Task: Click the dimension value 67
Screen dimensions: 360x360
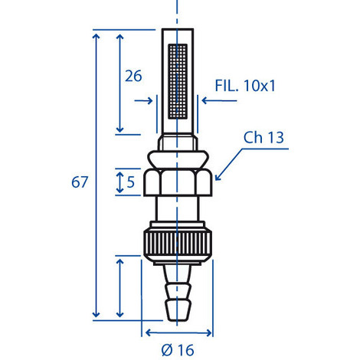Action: [x=80, y=182]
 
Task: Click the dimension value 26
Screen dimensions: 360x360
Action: [x=133, y=76]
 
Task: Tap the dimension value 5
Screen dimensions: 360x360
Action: [x=130, y=182]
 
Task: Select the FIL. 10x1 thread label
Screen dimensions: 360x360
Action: [x=245, y=86]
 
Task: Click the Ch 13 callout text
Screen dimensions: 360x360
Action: [x=263, y=137]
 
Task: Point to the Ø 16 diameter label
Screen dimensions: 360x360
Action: [x=178, y=350]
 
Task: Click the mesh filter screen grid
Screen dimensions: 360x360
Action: [x=178, y=81]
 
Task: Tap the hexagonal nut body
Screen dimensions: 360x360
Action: [x=178, y=182]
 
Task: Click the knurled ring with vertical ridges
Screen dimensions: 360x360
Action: [x=178, y=242]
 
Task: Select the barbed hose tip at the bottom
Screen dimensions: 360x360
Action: [x=178, y=293]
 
